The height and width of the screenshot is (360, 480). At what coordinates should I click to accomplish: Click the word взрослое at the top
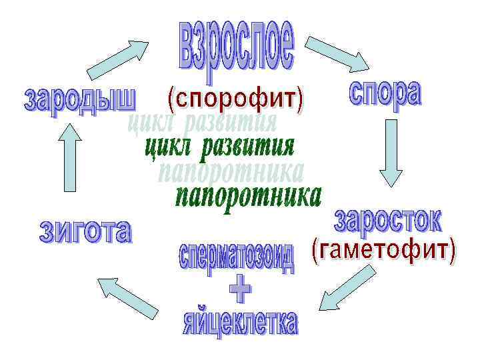click(x=236, y=46)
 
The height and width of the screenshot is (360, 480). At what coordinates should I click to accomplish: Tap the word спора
click(x=385, y=93)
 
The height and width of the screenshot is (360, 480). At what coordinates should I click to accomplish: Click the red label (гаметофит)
click(x=384, y=251)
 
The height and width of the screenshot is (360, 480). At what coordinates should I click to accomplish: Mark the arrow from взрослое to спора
click(x=341, y=53)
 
